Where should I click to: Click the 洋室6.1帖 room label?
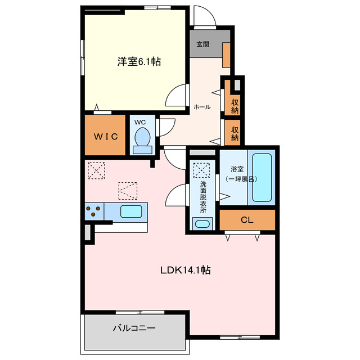click(139, 61)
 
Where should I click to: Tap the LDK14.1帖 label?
click(185, 270)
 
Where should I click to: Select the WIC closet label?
click(106, 137)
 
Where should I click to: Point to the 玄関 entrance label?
click(202, 44)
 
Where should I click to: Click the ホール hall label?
click(202, 107)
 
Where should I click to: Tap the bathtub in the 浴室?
click(262, 178)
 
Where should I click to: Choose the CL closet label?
click(247, 220)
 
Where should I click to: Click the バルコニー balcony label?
click(134, 328)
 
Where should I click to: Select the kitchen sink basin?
click(131, 211)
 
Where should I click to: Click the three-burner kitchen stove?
click(94, 211)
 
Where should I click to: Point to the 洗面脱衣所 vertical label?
click(203, 197)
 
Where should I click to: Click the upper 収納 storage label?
click(235, 106)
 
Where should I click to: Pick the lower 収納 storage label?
click(235, 134)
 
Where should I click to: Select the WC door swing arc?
click(170, 129)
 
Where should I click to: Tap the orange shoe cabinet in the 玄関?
click(226, 55)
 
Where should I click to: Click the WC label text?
click(140, 122)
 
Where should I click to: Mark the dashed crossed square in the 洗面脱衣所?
click(201, 170)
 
